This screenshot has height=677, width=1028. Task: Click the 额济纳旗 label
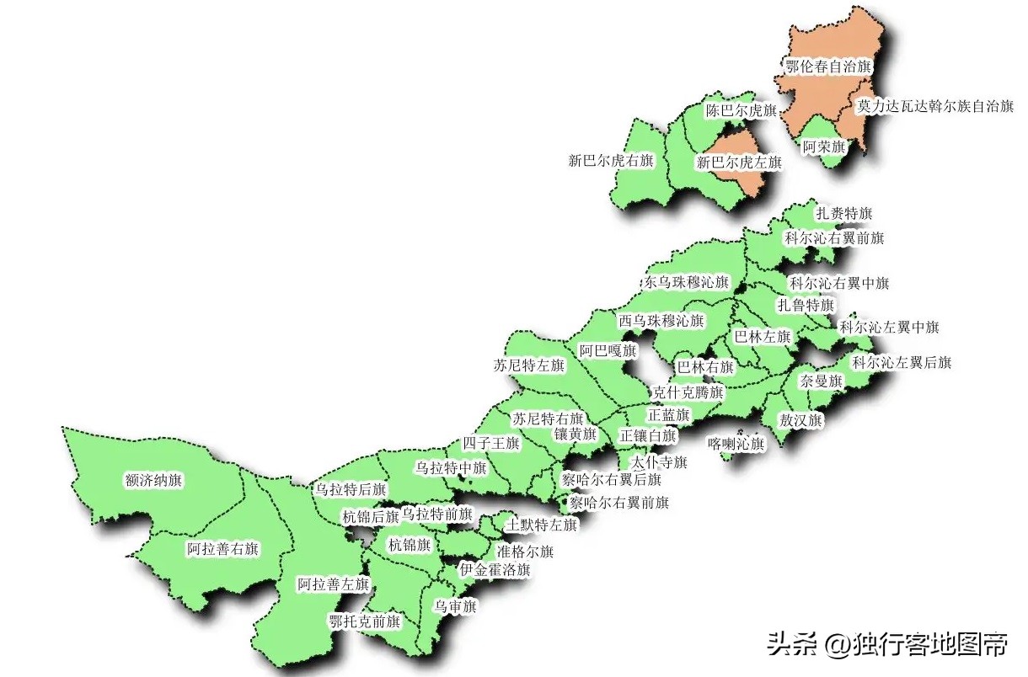(x=153, y=481)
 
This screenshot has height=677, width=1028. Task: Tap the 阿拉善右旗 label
(x=222, y=549)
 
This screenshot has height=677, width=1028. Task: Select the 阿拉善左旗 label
(x=334, y=584)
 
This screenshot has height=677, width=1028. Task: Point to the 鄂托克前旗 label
(x=365, y=621)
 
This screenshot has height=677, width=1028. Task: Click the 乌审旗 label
(x=455, y=606)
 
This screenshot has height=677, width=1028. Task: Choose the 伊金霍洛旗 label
(x=495, y=570)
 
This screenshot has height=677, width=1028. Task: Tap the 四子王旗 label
(x=491, y=443)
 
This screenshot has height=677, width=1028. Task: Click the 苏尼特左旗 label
(x=529, y=365)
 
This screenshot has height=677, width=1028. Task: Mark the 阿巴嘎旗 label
(x=608, y=350)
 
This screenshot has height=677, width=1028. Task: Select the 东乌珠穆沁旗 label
(x=687, y=283)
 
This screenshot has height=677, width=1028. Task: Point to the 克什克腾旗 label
(x=688, y=392)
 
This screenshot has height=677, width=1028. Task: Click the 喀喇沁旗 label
(x=736, y=443)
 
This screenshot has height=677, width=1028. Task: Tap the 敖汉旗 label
(x=801, y=420)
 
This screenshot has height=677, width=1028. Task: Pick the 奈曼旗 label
(x=821, y=381)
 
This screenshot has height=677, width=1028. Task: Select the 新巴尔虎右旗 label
(x=612, y=161)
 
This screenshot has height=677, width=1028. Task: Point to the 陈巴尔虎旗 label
(x=740, y=110)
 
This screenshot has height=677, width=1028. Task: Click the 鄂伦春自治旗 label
(x=827, y=67)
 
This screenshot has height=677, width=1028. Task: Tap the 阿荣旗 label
(x=823, y=147)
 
